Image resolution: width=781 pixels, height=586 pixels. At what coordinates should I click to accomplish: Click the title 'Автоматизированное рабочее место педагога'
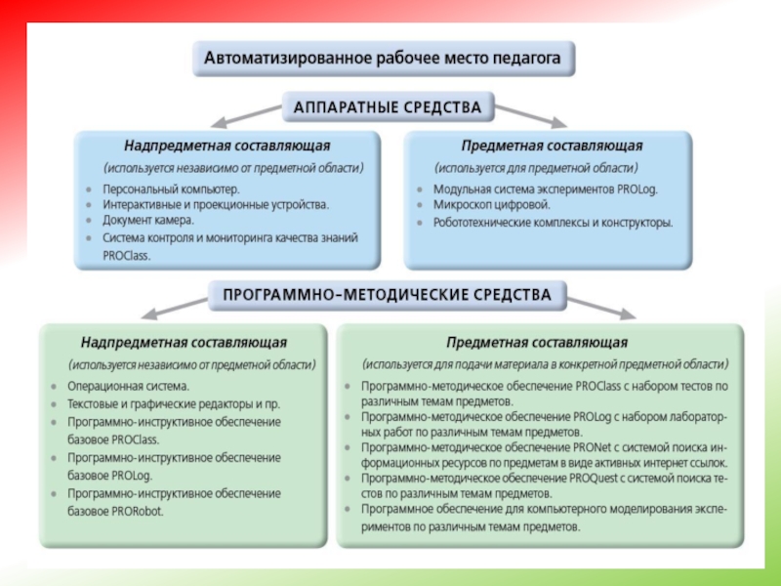383,59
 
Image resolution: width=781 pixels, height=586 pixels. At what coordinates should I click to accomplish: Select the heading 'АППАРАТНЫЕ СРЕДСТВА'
389,105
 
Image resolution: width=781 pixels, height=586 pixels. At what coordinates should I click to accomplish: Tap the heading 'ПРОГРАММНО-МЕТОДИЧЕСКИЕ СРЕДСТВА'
388,294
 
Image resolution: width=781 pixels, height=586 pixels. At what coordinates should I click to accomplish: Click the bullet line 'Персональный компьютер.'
171,188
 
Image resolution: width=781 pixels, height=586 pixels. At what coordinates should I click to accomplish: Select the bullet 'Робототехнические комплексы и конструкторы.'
553,223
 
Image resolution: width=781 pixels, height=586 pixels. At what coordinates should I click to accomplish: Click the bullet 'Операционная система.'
128,386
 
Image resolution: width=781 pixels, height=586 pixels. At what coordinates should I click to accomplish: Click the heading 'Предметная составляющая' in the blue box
552,146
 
